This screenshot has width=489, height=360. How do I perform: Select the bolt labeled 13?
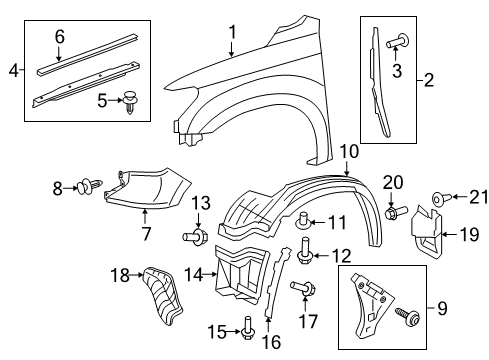[194, 237]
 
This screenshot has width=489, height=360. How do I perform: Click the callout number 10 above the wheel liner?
[348, 152]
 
